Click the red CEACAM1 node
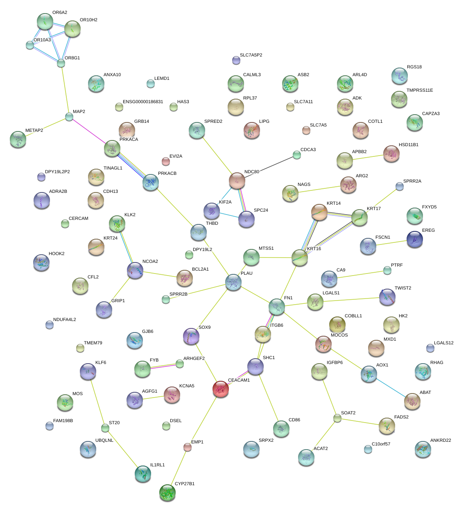[221, 389]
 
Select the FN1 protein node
[277, 307]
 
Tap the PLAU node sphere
[233, 282]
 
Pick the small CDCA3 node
[296, 155]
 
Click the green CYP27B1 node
[167, 493]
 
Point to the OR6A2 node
[45, 21]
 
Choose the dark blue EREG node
[415, 240]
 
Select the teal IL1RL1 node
[143, 474]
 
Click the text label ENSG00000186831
[143, 102]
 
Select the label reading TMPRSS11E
[419, 90]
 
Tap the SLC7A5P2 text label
[251, 55]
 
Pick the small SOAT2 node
[337, 418]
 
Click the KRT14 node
[319, 212]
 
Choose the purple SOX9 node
[191, 336]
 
